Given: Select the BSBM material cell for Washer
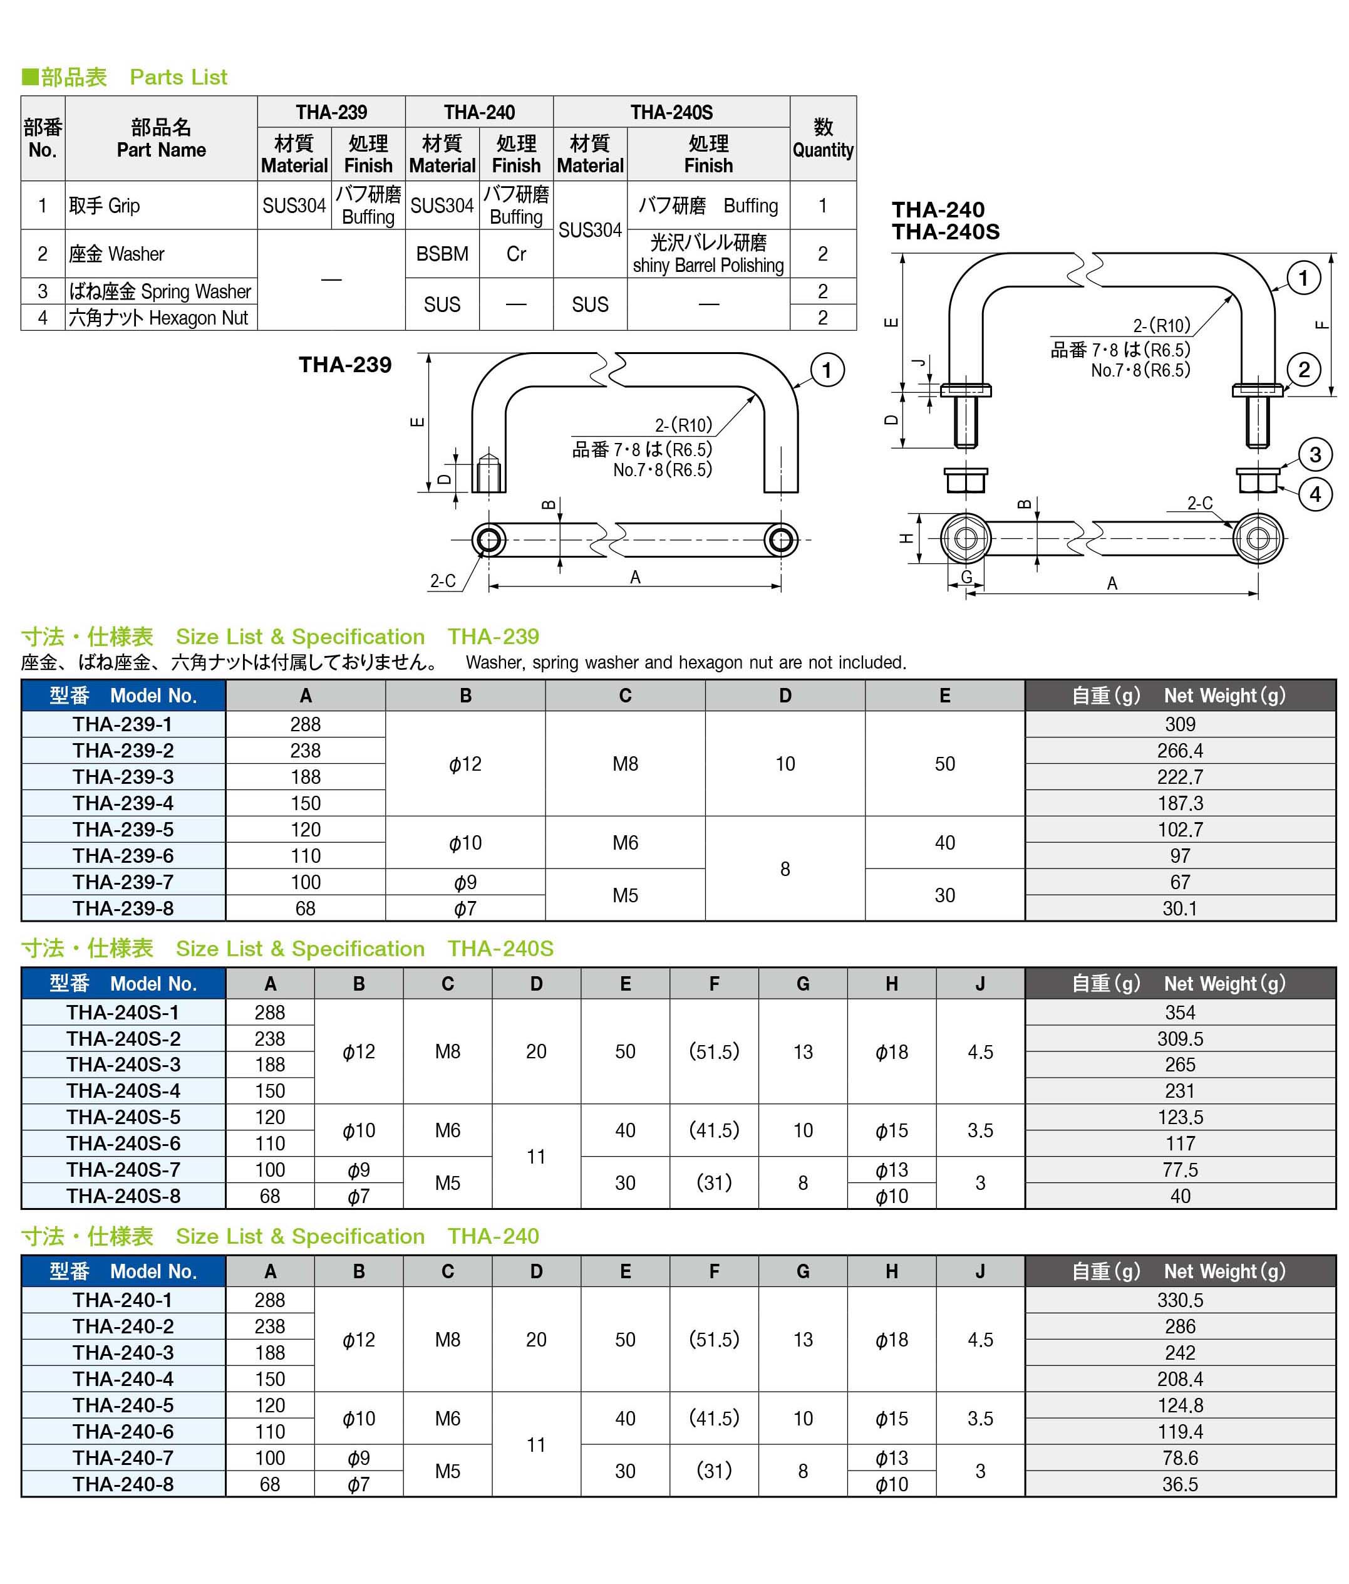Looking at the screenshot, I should (x=442, y=254).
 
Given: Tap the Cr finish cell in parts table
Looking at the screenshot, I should (x=516, y=254).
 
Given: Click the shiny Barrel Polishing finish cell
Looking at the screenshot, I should (x=708, y=254).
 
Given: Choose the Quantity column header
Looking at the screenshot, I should (x=822, y=138).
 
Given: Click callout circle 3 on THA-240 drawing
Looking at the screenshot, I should (x=1315, y=455).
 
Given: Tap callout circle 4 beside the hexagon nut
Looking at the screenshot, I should (x=1315, y=494).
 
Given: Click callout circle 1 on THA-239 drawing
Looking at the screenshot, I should (x=826, y=371).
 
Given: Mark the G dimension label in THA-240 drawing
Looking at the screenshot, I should (x=967, y=577).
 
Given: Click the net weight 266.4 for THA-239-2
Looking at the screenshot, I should (x=1179, y=751).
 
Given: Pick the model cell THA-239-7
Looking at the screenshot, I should (x=123, y=882).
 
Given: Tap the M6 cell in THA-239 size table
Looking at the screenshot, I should (x=624, y=843).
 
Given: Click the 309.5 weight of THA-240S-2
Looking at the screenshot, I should (x=1179, y=1039).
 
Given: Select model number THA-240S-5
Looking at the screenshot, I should (x=123, y=1117).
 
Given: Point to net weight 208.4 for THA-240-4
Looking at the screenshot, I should (x=1179, y=1379).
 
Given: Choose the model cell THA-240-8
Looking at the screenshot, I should (x=123, y=1484).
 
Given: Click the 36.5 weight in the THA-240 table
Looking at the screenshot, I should (x=1179, y=1484).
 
